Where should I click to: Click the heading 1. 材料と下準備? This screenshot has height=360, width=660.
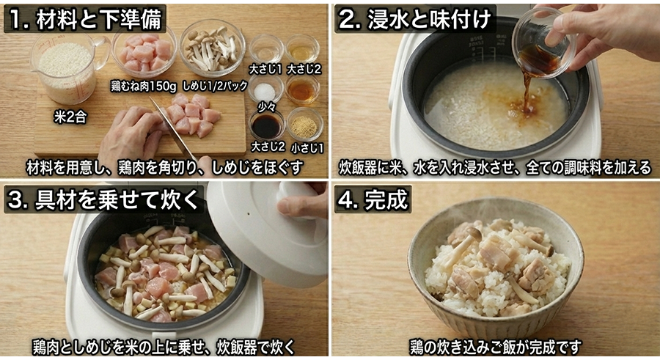pyautogui.click(x=84, y=18)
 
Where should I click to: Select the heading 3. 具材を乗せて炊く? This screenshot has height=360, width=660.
pyautogui.click(x=103, y=199)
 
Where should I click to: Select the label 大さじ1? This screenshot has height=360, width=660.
pyautogui.click(x=263, y=69)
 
